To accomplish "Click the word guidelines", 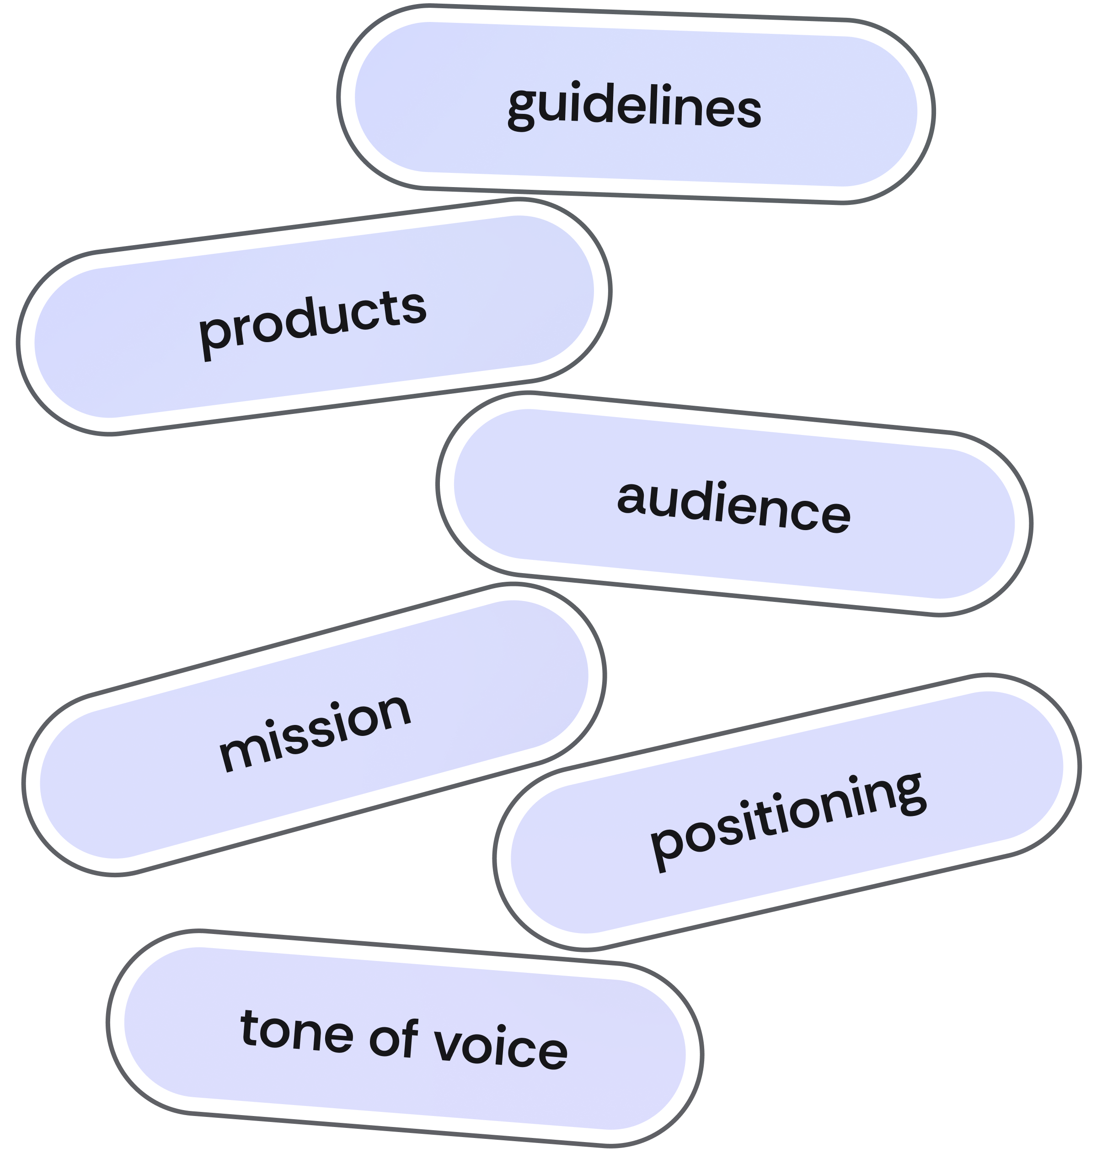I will (634, 107).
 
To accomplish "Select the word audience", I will (733, 506).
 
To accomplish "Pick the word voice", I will (499, 1047).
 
